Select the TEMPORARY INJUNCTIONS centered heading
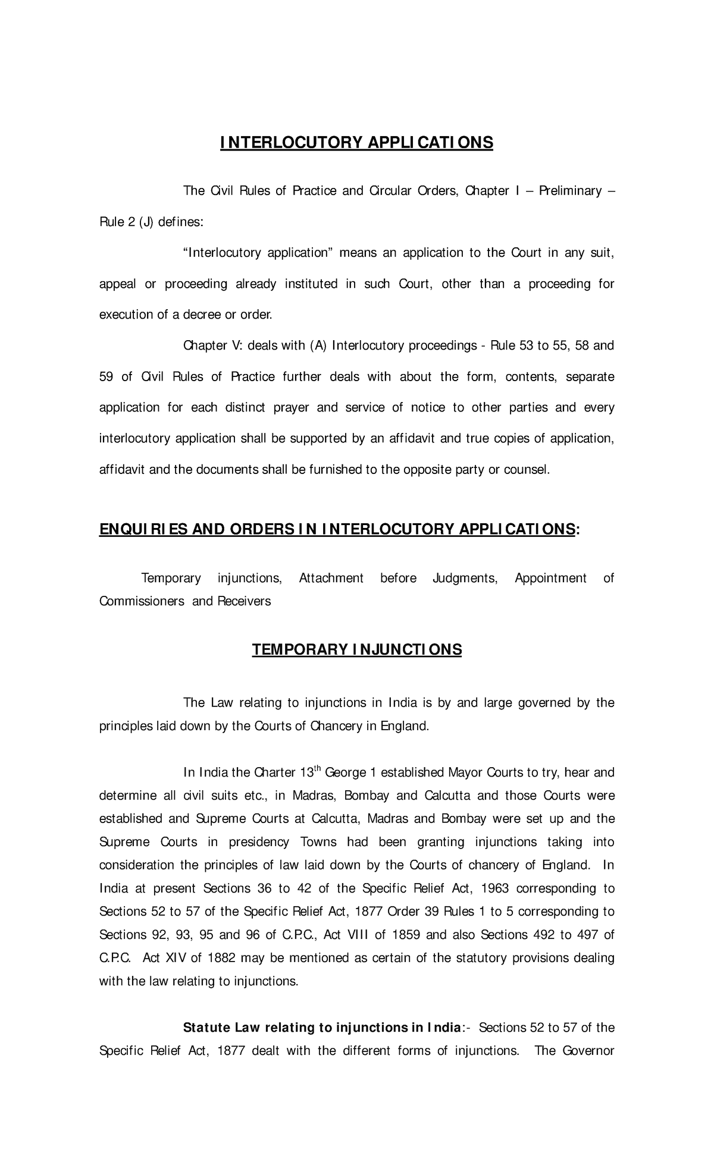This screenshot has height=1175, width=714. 356,649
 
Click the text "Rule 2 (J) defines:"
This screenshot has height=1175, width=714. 151,222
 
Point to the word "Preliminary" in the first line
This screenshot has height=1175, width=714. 569,191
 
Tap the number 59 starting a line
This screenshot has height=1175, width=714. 106,376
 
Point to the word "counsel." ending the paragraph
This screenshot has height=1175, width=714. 527,470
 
